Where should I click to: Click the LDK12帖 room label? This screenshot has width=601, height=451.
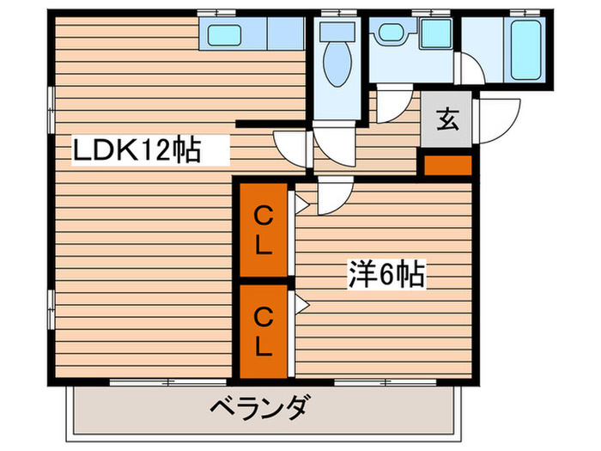click(137, 152)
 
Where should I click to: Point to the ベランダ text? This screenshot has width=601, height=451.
click(258, 407)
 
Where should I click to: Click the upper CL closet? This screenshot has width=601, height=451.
click(264, 230)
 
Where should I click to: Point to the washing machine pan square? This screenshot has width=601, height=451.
click(437, 35)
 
